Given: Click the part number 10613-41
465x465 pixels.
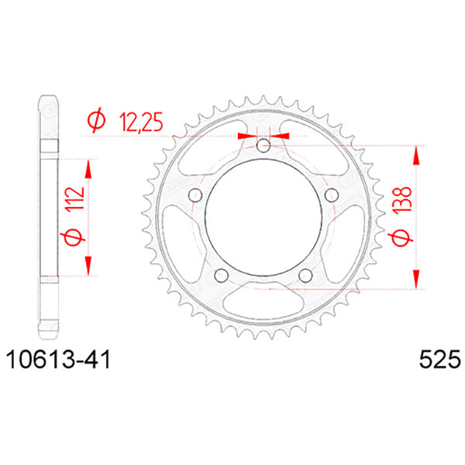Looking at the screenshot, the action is [58, 360].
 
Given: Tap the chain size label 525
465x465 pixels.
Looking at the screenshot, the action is [439, 360].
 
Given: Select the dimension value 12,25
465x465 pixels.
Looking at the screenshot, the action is [141, 122].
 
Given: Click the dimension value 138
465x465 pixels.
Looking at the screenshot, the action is [402, 199].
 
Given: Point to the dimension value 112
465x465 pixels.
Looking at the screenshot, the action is [75, 200].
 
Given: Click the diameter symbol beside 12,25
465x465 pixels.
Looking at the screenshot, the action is [96, 120].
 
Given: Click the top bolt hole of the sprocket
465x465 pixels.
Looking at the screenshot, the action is [263, 146].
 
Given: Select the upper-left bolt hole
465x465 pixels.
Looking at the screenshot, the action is [195, 195].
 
